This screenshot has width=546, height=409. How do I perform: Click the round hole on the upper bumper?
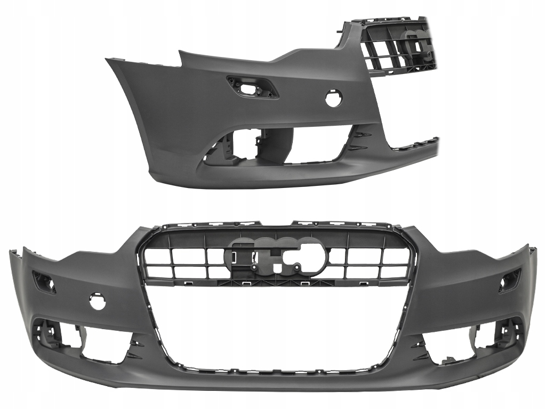pos(334,99)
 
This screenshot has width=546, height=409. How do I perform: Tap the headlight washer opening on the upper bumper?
pos(252,87)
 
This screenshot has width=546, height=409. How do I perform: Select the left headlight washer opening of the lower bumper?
pos(44,282)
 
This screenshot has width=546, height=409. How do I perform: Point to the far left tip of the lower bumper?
pos(11,253)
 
